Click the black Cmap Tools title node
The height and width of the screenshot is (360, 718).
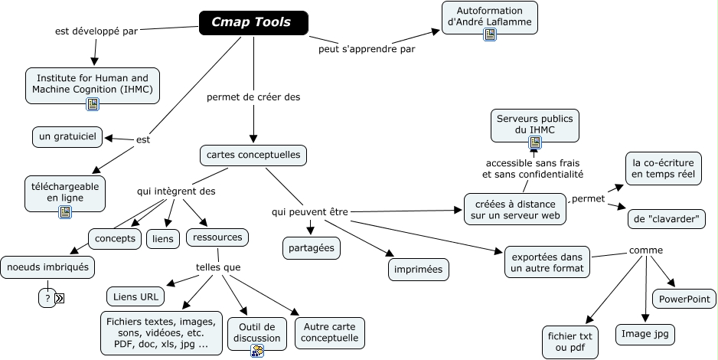[253, 23]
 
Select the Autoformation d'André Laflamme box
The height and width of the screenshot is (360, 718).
[490, 17]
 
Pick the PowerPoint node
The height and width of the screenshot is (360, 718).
[684, 299]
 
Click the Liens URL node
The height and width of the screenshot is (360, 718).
[135, 296]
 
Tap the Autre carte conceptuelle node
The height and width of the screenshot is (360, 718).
[329, 332]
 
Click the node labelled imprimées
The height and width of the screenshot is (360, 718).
[418, 270]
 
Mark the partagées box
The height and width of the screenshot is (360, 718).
[311, 248]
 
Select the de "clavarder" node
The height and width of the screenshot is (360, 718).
[667, 219]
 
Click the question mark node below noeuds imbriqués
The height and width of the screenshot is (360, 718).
[47, 299]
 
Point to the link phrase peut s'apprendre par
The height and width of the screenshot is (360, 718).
[367, 50]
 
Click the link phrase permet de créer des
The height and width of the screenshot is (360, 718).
[253, 97]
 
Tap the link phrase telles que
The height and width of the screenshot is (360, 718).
[218, 267]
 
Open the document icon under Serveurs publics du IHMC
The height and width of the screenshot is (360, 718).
[535, 142]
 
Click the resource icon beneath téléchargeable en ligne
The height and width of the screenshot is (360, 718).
[65, 212]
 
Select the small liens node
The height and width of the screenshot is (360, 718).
[162, 239]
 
